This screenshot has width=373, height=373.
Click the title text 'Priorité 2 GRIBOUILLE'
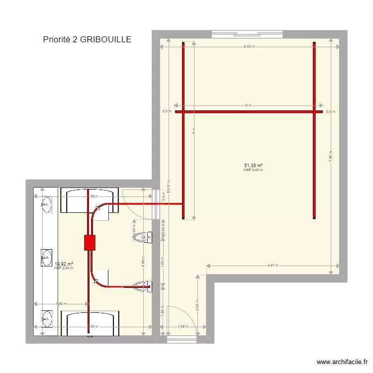click(x=87, y=39)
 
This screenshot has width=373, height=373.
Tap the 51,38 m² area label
click(x=253, y=166)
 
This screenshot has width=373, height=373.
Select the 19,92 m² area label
click(x=64, y=264)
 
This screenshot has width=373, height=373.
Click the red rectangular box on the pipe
click(x=90, y=243)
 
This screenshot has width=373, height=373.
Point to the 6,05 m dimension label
click(x=249, y=47)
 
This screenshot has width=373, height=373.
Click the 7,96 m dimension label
click(x=331, y=158)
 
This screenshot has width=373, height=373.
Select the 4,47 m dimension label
click(x=273, y=266)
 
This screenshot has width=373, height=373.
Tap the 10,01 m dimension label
click(x=169, y=186)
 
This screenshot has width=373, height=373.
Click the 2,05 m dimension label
click(x=197, y=305)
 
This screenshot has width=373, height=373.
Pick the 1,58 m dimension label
click(x=183, y=327)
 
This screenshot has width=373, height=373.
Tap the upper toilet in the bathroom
click(x=144, y=237)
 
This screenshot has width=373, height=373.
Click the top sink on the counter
click(x=47, y=203)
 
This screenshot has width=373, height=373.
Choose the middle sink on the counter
click(x=47, y=257)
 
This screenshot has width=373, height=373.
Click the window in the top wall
click(x=236, y=34)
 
